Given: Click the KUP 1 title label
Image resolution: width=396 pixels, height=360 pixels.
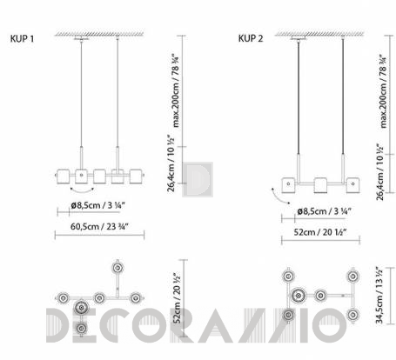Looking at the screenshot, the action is coord(22,38).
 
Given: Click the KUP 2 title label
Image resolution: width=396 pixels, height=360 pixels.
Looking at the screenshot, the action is coord(251,38).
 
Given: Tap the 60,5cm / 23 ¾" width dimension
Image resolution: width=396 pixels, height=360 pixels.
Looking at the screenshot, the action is coord(99,226).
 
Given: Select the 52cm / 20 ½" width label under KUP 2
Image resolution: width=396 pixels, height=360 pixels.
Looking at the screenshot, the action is coord(320,232).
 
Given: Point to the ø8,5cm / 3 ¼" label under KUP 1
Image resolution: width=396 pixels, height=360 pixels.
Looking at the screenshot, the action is coord(98,205).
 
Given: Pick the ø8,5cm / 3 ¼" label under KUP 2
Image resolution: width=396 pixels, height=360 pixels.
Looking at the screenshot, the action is coord(325,211).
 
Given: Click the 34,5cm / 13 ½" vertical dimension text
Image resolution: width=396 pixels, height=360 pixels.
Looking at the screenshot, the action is coord(379,296).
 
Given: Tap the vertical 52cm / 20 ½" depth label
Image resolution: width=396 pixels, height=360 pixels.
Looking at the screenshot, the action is coord(177,298).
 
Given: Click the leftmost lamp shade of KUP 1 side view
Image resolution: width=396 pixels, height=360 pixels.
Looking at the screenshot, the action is coord(63,177).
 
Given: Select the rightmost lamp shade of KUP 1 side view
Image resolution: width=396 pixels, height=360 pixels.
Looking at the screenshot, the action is coord(136,177).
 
